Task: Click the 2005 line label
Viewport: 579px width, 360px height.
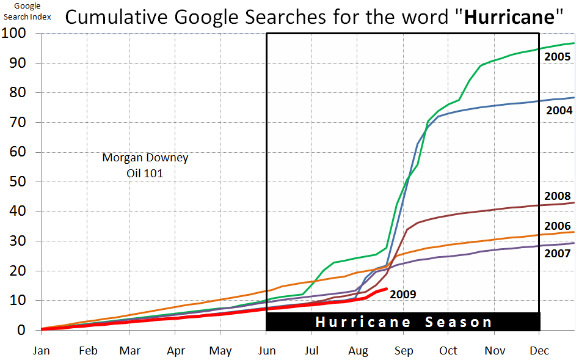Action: (558, 57)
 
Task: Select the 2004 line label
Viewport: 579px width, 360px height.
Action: (558, 111)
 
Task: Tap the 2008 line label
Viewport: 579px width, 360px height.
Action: (558, 197)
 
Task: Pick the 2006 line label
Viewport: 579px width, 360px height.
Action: (558, 226)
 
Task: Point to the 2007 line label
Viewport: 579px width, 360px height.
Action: (558, 253)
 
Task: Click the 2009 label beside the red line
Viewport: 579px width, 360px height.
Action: (402, 295)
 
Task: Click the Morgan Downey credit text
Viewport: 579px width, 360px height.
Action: (145, 158)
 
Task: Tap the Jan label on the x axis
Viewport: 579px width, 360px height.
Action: (42, 351)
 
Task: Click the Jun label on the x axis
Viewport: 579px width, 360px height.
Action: (267, 351)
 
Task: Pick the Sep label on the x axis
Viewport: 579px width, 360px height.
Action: (403, 351)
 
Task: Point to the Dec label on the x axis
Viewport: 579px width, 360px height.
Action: (539, 351)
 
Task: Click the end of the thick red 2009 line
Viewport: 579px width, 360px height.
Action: (387, 288)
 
